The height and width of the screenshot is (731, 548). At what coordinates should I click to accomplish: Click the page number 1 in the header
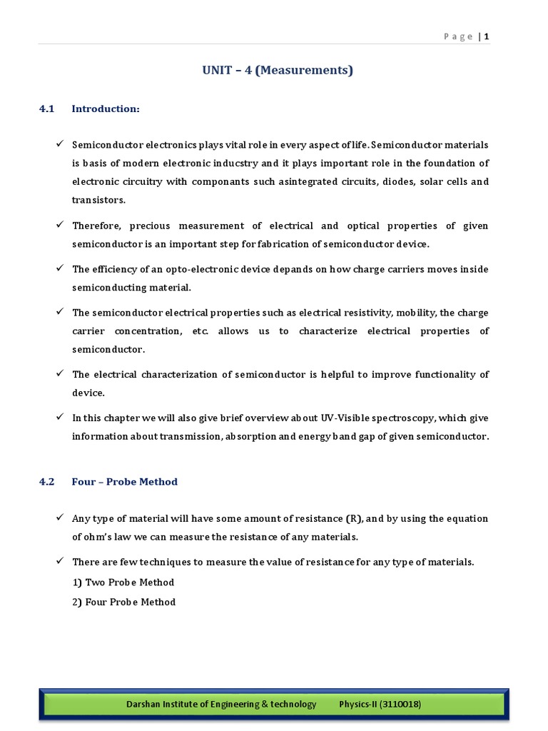(x=487, y=37)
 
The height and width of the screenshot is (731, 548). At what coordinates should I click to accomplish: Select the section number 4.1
(x=47, y=109)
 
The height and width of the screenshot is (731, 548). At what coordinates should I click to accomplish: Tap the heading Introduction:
(x=106, y=109)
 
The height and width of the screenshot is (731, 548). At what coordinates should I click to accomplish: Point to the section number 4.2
(x=47, y=481)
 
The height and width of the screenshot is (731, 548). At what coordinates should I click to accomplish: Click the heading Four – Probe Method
(x=124, y=481)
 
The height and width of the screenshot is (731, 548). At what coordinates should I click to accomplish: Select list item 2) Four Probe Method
(x=123, y=602)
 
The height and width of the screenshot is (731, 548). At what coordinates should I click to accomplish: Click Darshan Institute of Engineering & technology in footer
(x=221, y=704)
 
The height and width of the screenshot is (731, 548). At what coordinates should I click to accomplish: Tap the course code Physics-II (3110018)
(x=380, y=704)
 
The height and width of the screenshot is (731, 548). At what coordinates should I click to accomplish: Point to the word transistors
(x=98, y=200)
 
